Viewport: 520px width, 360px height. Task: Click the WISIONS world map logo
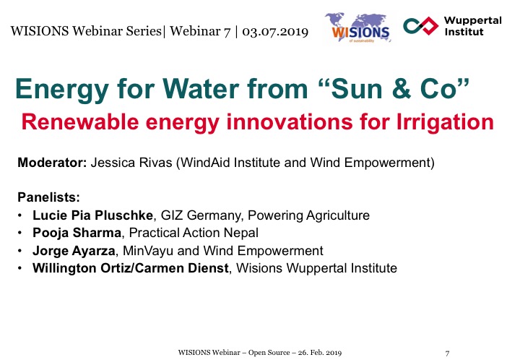pos(357,28)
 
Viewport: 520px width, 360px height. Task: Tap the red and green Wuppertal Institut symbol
pos(421,26)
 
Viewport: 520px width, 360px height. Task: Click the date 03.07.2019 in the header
pos(275,32)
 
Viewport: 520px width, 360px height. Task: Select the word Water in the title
pos(201,89)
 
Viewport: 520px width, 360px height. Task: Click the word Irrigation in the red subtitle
pos(446,122)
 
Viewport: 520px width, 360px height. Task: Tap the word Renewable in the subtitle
pos(80,121)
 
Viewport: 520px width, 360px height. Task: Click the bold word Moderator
pos(52,163)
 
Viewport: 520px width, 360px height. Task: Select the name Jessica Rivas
pos(131,163)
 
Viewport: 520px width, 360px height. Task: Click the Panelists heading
pos(49,197)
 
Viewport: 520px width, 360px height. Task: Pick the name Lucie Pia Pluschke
pos(92,215)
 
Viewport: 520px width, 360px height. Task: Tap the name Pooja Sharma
pos(77,233)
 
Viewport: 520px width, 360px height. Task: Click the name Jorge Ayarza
pos(74,251)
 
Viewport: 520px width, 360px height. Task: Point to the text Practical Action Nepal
pos(194,233)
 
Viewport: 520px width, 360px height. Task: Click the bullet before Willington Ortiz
pos(20,268)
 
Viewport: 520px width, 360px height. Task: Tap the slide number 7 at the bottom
pos(447,353)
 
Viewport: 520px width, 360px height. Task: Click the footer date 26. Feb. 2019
pos(320,352)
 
